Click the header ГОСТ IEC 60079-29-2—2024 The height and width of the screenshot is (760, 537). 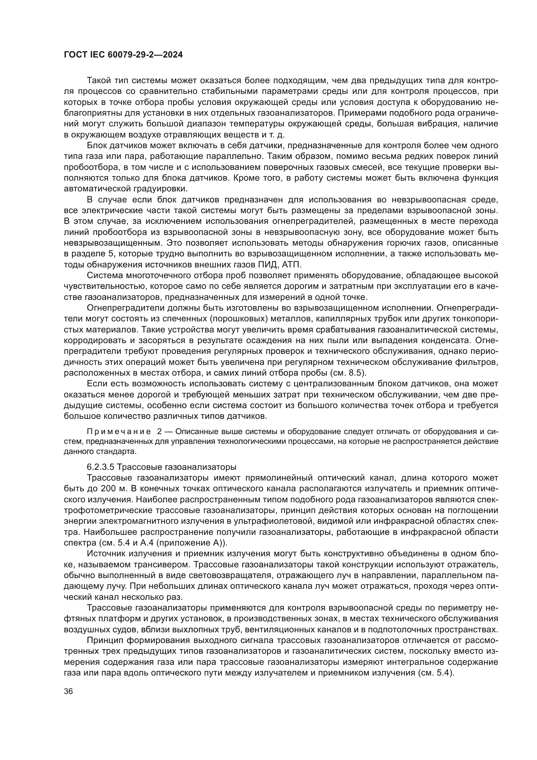[123, 55]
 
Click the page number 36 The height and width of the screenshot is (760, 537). [68, 691]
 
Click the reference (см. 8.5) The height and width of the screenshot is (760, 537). [348, 373]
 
